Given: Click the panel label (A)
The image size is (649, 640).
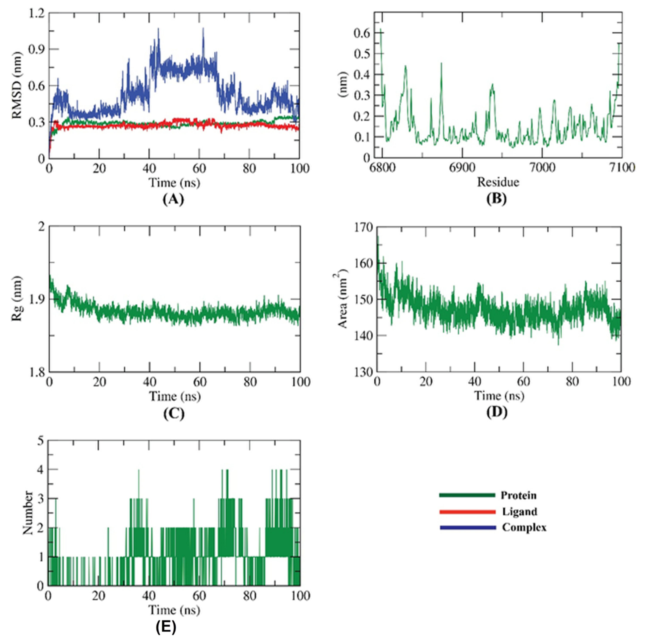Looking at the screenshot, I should (x=173, y=199).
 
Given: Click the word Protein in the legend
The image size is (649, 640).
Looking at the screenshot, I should (x=518, y=495).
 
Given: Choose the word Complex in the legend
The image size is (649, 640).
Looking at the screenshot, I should (x=524, y=528).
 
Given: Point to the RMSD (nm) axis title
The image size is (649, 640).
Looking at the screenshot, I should (x=17, y=86).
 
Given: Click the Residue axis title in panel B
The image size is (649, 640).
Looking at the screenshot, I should (x=498, y=182).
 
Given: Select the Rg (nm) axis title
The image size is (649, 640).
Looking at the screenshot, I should (x=17, y=299).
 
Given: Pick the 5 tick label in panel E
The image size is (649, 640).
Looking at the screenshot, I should (x=41, y=441).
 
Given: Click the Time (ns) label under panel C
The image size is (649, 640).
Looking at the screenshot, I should (x=175, y=396).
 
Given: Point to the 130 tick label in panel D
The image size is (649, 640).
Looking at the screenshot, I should (x=363, y=372).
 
